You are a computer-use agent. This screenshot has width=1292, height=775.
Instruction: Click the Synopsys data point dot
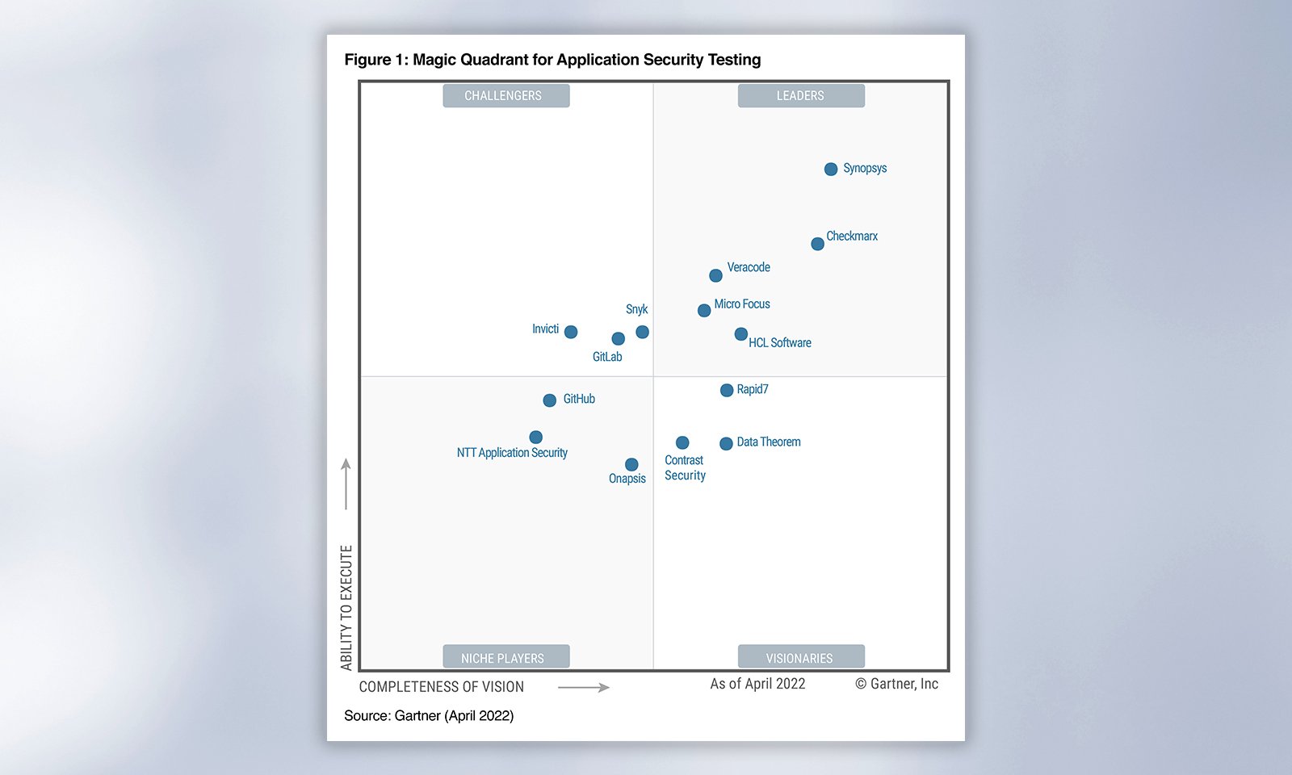[831, 170]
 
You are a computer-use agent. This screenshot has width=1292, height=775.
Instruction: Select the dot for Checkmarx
[817, 244]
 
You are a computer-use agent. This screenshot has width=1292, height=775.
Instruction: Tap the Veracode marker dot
[715, 276]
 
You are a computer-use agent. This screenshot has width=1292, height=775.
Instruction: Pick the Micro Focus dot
[704, 311]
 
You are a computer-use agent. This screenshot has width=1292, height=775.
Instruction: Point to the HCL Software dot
[741, 334]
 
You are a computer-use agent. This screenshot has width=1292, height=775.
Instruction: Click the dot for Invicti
[571, 332]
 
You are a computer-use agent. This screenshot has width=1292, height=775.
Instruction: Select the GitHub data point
[550, 400]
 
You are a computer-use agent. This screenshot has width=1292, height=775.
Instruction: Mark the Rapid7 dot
[727, 391]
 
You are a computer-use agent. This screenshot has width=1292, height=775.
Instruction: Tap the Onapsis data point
[631, 465]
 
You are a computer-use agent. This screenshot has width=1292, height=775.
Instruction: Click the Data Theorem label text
[769, 442]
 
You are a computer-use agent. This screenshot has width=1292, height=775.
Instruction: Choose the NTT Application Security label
[512, 453]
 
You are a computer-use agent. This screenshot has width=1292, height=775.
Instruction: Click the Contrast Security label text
[685, 468]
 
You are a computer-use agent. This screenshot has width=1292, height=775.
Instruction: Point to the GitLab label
[607, 357]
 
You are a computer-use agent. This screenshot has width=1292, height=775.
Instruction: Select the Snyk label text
[636, 309]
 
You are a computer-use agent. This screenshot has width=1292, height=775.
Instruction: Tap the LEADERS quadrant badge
[801, 95]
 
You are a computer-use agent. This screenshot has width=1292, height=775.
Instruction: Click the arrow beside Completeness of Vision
[584, 688]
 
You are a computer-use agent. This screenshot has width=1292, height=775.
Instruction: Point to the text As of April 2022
[757, 684]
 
